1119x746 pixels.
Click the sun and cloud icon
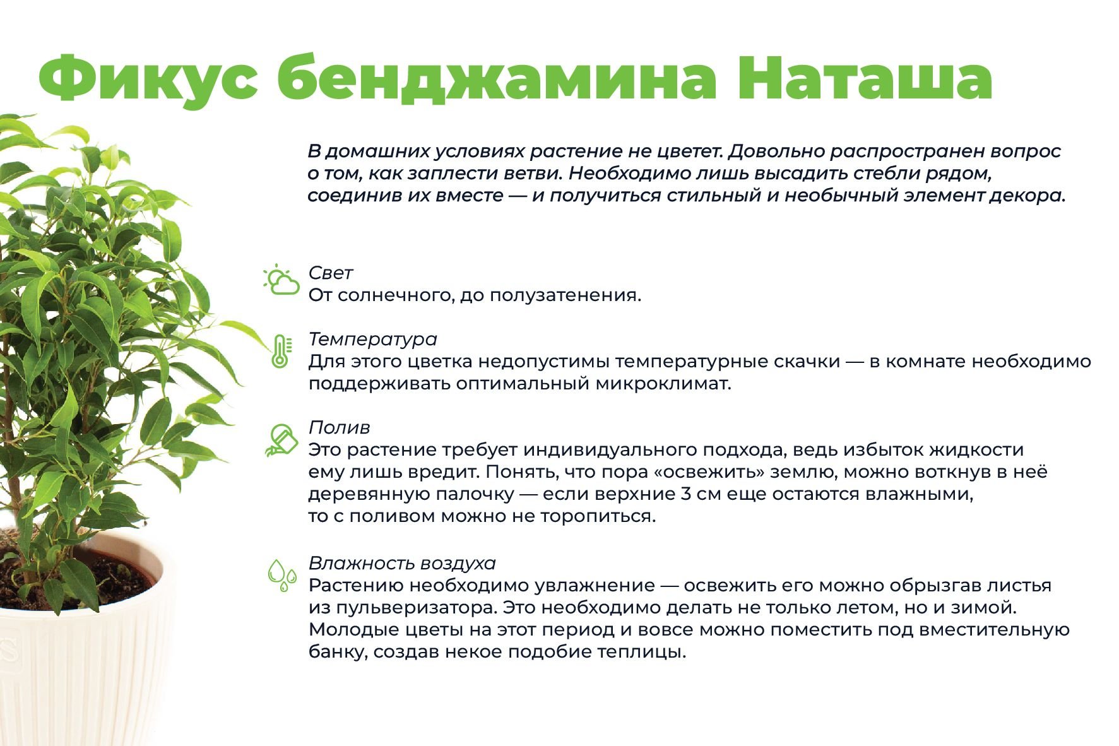[281, 280]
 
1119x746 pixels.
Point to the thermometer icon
[280, 352]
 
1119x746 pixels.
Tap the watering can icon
[281, 440]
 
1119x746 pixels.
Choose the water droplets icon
[281, 575]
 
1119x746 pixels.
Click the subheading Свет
[330, 273]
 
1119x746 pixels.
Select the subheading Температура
[372, 340]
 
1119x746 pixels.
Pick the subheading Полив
[339, 427]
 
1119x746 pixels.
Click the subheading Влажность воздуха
[402, 563]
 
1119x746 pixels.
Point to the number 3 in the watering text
[686, 494]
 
